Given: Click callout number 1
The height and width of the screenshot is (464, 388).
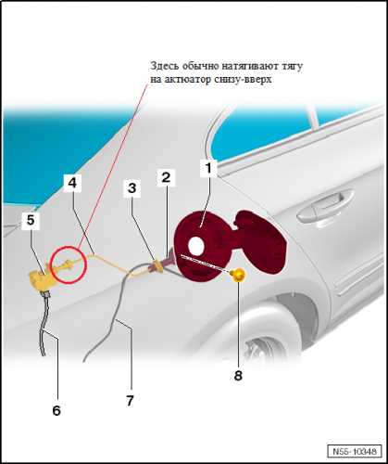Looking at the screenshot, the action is click(x=208, y=168).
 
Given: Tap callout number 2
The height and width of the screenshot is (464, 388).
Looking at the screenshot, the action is click(x=166, y=177).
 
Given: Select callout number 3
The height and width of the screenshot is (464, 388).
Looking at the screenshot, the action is click(x=132, y=187).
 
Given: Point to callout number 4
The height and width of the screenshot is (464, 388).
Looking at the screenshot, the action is click(x=72, y=183).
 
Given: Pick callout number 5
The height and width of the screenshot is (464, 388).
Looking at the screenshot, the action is click(x=31, y=220).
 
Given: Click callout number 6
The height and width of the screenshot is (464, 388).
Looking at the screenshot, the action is click(x=56, y=410).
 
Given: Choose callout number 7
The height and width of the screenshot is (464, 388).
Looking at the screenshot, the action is click(x=130, y=401).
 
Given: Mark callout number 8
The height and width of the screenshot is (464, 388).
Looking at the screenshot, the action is click(x=238, y=376).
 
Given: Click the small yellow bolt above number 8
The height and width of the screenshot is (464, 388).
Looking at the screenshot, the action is click(x=238, y=275).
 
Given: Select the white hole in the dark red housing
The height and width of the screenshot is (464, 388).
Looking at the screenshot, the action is click(x=195, y=245).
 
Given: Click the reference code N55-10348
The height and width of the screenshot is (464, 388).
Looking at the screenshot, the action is click(x=355, y=451).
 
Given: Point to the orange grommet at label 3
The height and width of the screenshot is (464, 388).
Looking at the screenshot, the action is click(x=157, y=266).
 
